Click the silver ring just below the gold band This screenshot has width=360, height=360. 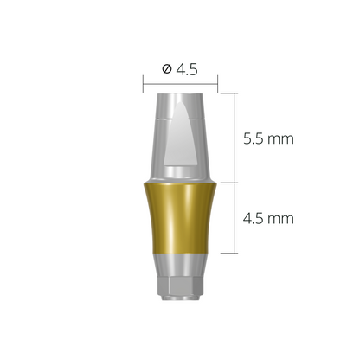(x=179, y=260)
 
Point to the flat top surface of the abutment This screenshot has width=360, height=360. (x=179, y=92)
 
